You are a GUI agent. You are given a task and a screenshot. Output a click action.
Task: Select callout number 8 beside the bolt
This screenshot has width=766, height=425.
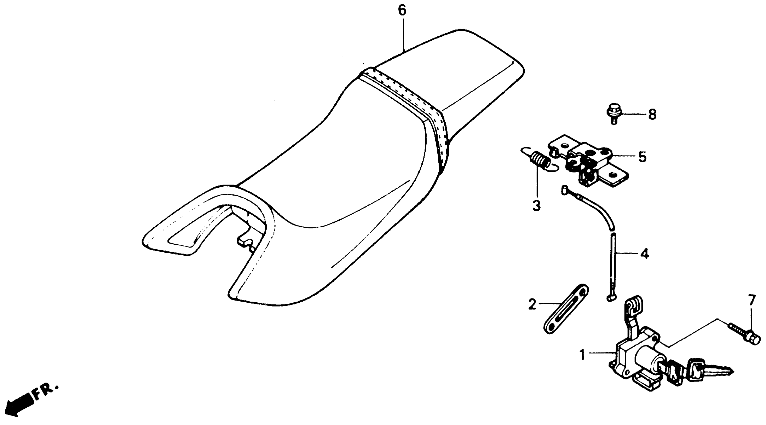click(652, 114)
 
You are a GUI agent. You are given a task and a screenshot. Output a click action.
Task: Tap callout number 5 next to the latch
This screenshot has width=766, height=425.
click(642, 157)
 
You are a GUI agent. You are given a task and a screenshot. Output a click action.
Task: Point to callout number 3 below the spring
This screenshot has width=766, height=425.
click(536, 205)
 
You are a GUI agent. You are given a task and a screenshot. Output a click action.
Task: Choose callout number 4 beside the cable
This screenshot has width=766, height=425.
click(644, 254)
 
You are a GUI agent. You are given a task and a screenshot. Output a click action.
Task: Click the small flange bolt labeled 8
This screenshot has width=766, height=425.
click(613, 114)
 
